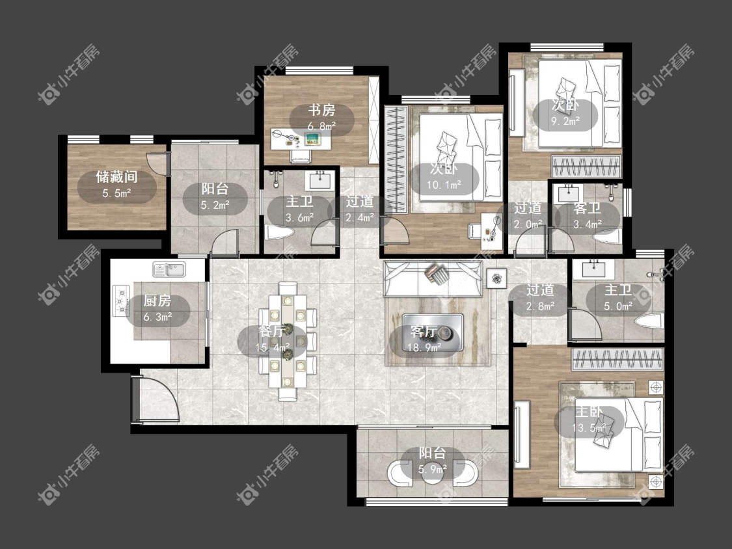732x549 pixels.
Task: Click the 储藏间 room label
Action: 116,177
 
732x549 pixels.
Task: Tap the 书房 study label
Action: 321,111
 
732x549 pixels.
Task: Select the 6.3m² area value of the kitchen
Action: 157,317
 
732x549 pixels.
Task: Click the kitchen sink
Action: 169,269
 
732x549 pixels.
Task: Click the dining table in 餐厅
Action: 288,341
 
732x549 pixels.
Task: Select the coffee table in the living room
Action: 433,332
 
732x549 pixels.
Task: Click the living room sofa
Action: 433,278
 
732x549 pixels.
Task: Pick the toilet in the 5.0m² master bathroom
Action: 649,321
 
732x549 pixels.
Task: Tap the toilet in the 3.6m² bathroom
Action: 278,232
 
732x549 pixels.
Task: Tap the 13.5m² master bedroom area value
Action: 589,427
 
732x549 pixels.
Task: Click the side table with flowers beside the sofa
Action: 496,278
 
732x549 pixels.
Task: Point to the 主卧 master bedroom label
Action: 589,412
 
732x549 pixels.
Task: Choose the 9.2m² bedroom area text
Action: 565,121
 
